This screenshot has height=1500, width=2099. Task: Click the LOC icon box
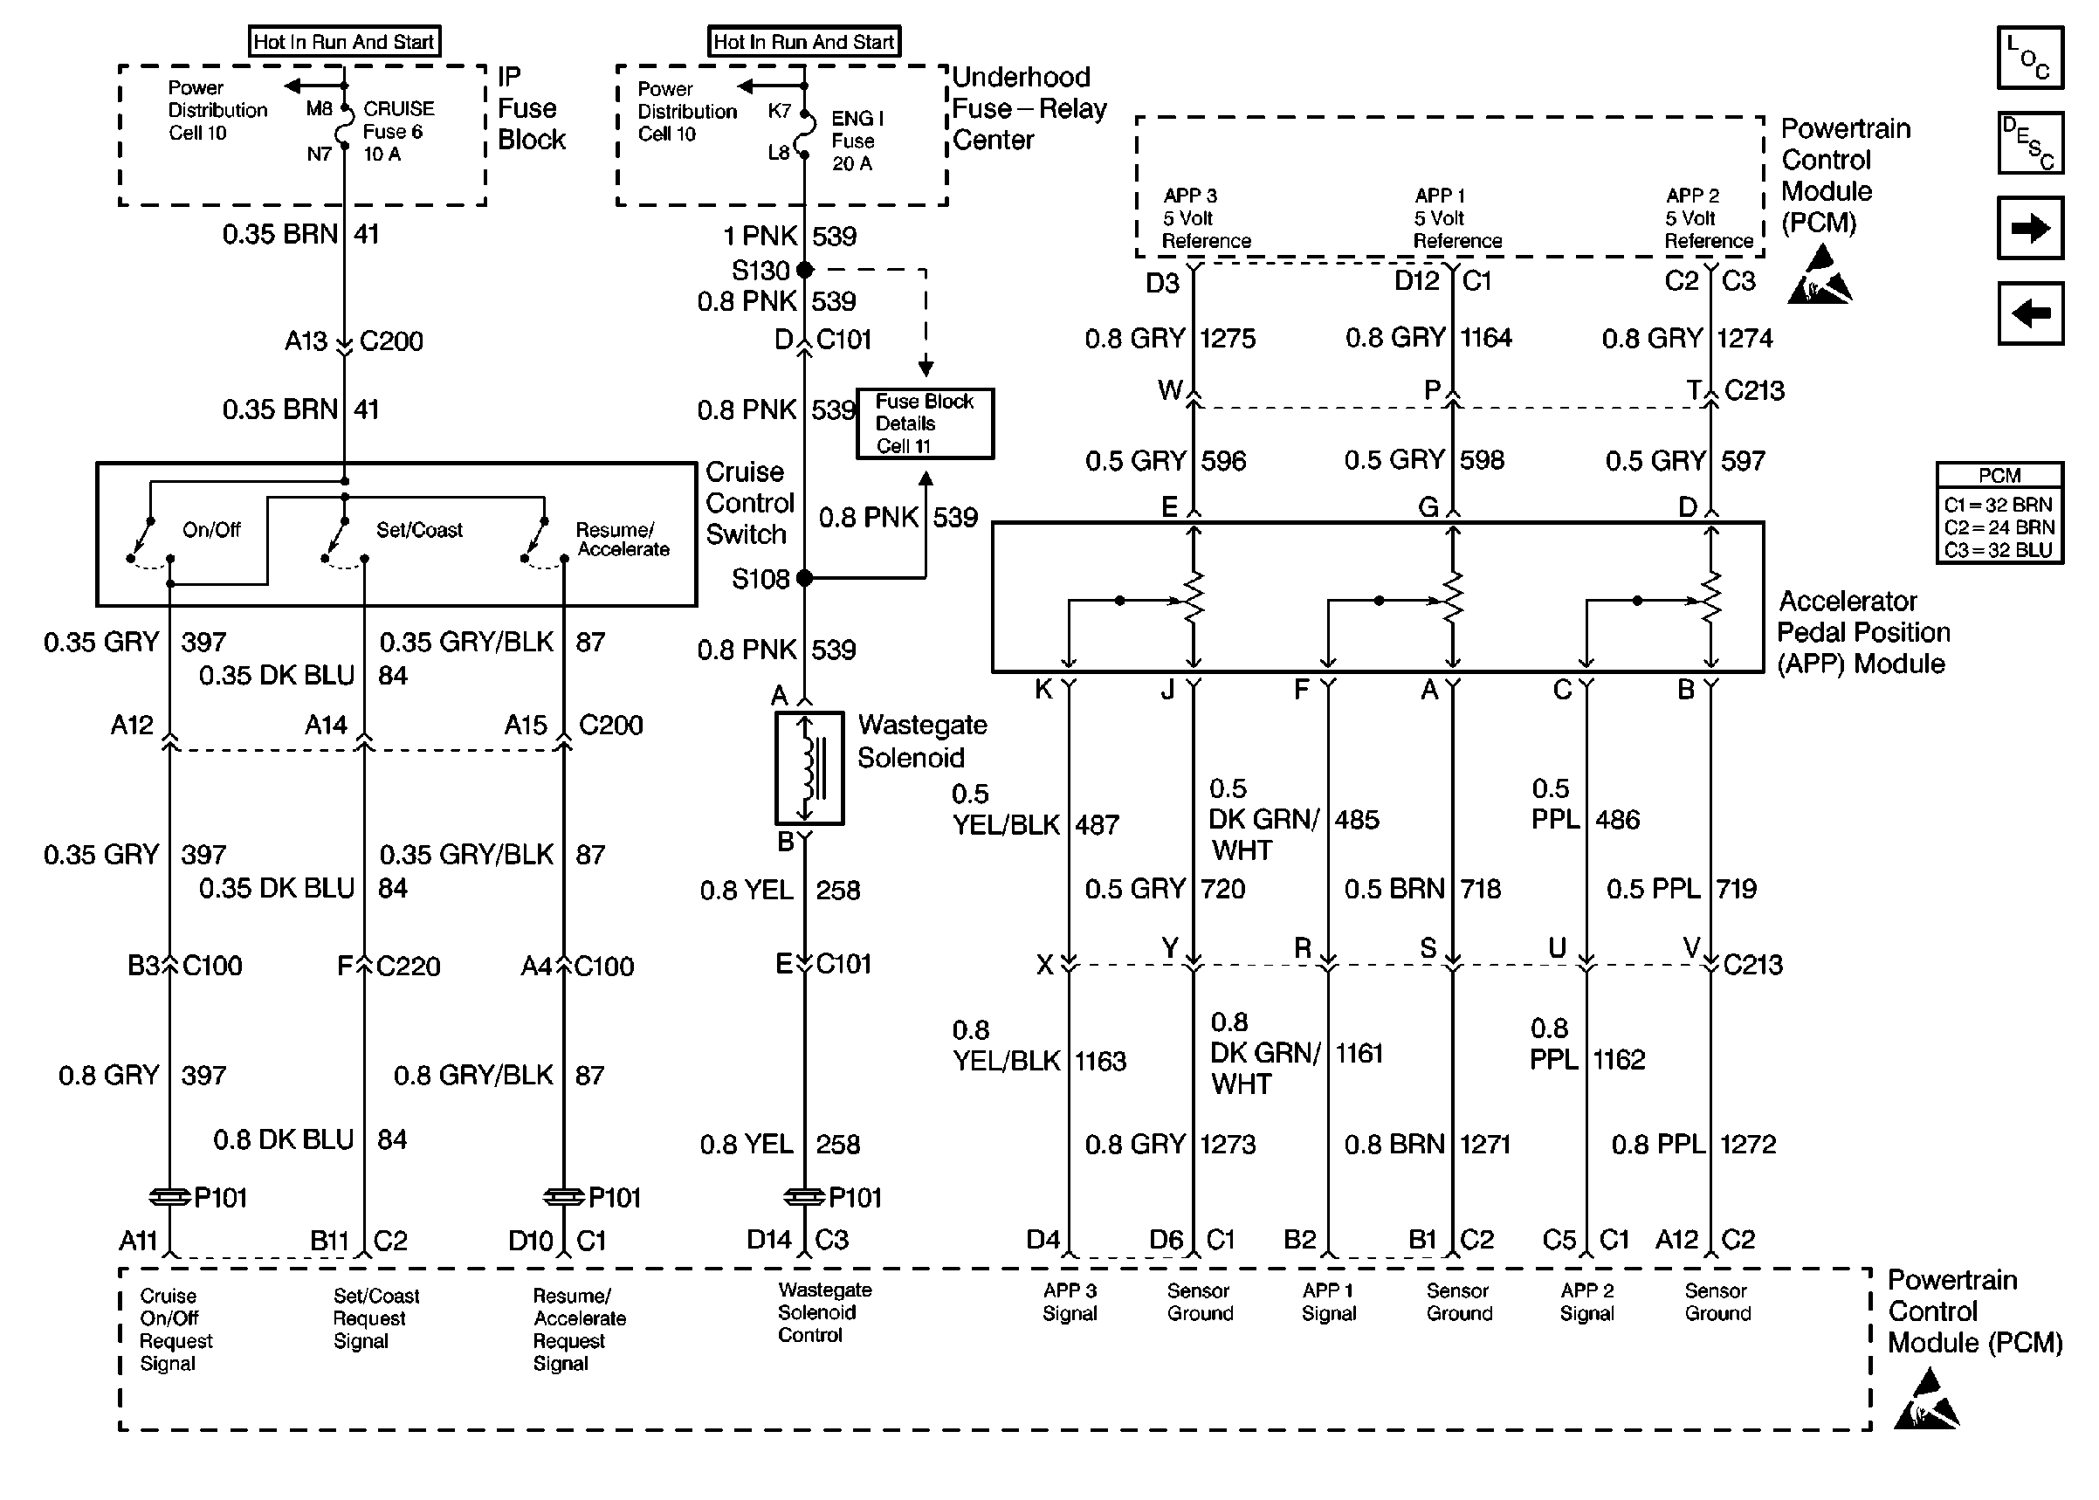2029,58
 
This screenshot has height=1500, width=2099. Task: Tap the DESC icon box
2029,143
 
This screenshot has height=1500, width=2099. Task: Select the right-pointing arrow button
2029,228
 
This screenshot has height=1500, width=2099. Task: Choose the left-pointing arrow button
2029,313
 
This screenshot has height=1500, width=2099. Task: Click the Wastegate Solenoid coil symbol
809,767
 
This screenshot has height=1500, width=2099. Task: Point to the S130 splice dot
804,270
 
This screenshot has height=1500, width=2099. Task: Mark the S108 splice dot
804,578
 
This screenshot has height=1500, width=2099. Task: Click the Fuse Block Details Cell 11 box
925,423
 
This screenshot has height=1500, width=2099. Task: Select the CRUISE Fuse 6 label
397,131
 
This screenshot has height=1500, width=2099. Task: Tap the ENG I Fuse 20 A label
856,141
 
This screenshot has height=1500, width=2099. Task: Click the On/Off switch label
211,530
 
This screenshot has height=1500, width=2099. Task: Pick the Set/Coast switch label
418,530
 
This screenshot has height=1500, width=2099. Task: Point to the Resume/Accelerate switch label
622,540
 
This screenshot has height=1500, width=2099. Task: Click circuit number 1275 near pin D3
1228,338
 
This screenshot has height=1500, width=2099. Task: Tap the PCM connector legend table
1999,513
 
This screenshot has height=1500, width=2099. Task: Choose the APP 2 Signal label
1586,1303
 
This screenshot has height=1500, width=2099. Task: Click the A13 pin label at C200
306,341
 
